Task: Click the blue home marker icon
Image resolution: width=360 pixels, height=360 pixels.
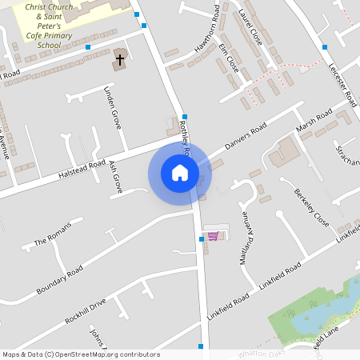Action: click(179, 172)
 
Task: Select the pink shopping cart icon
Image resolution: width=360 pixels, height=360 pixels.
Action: click(213, 235)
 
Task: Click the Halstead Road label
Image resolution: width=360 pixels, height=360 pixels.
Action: click(82, 168)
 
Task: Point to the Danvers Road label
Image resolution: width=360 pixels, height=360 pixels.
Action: click(245, 138)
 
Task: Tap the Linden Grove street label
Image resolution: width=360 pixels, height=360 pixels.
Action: click(112, 109)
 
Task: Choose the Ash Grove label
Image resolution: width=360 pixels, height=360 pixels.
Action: click(115, 175)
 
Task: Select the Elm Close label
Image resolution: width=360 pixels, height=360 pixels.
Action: click(228, 58)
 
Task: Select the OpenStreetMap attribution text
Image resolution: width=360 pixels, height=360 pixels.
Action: click(80, 354)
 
